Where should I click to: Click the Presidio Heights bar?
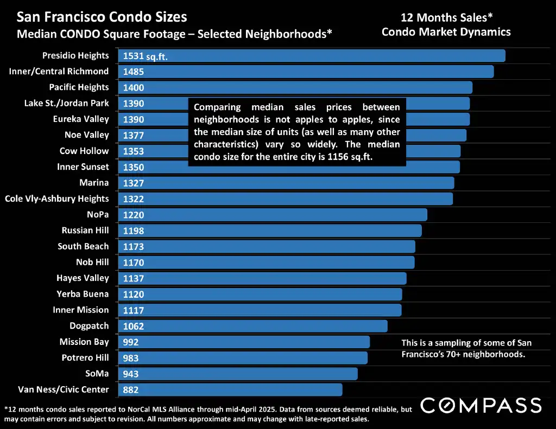point(326,56)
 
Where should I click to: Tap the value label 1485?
point(134,72)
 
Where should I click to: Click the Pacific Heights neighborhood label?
point(79,87)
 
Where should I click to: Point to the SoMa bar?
point(250,374)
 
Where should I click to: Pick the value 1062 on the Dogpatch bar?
point(134,326)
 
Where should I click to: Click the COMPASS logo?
point(481,405)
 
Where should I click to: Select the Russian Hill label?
point(85,230)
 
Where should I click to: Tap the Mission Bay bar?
point(255,342)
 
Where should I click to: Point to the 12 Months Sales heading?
point(446,17)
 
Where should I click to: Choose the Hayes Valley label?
point(83,278)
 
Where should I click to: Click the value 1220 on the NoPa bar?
point(134,215)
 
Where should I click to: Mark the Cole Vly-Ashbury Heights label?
point(57,199)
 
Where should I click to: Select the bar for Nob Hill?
point(271,262)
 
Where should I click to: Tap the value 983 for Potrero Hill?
point(131,358)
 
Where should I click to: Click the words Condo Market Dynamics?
point(446,32)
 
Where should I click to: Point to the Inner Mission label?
point(81,310)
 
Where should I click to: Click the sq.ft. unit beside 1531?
point(156,56)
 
